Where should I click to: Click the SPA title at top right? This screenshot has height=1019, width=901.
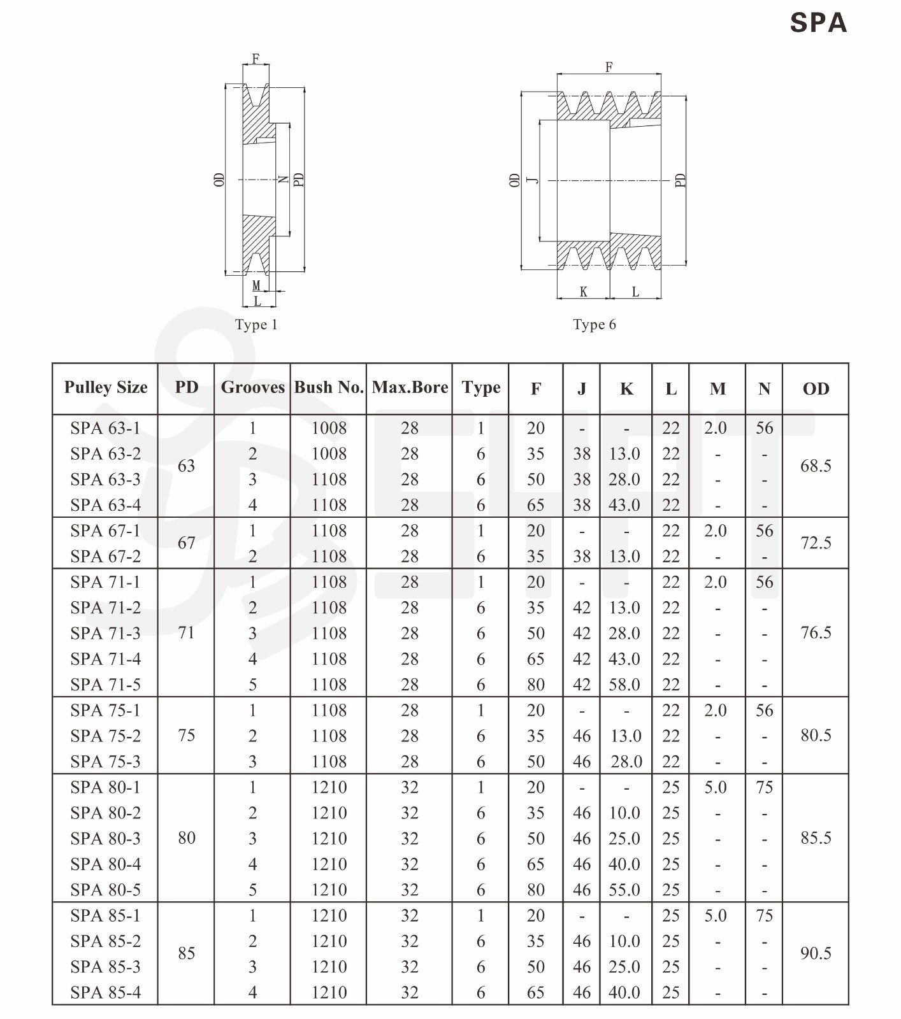click(x=818, y=23)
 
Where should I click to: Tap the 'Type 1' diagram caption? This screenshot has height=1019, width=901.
click(x=256, y=325)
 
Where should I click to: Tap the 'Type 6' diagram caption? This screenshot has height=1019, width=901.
click(x=594, y=325)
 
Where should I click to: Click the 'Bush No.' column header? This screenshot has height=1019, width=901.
click(x=329, y=387)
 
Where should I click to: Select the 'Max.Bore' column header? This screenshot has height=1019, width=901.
click(x=410, y=387)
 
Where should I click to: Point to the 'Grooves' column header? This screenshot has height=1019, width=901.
click(x=252, y=387)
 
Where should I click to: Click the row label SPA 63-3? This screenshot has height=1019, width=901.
click(x=105, y=480)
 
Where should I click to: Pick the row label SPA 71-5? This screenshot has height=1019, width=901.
click(x=105, y=685)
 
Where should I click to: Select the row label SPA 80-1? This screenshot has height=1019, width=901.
click(x=105, y=787)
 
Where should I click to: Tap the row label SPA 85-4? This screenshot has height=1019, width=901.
click(x=105, y=992)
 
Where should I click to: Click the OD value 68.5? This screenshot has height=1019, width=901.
click(x=816, y=466)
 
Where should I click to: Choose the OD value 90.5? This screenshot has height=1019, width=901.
click(x=816, y=953)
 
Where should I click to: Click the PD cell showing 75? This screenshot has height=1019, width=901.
click(x=186, y=736)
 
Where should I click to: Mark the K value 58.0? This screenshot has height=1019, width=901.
click(x=624, y=685)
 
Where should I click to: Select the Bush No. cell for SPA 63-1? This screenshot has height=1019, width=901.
click(x=329, y=428)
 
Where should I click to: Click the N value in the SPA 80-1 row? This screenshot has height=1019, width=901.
click(x=764, y=787)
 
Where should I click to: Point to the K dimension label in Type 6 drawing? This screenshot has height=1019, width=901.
click(x=583, y=292)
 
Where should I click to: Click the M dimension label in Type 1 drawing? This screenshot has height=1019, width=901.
click(x=256, y=286)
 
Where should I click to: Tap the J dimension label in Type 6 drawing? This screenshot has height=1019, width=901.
click(x=534, y=180)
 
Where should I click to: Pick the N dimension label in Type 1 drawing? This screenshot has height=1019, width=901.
click(x=284, y=180)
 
